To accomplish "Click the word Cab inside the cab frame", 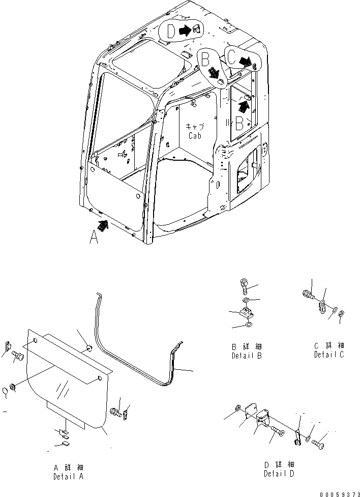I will pos(194,136).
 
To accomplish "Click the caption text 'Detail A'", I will pos(68,477).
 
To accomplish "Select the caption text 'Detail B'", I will pos(246,356).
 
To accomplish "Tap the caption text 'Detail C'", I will pos(328,354).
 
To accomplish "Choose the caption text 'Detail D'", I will pos(279,474).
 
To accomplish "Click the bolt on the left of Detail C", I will pos(308,294).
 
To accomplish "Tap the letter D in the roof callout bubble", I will pos(171,31).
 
